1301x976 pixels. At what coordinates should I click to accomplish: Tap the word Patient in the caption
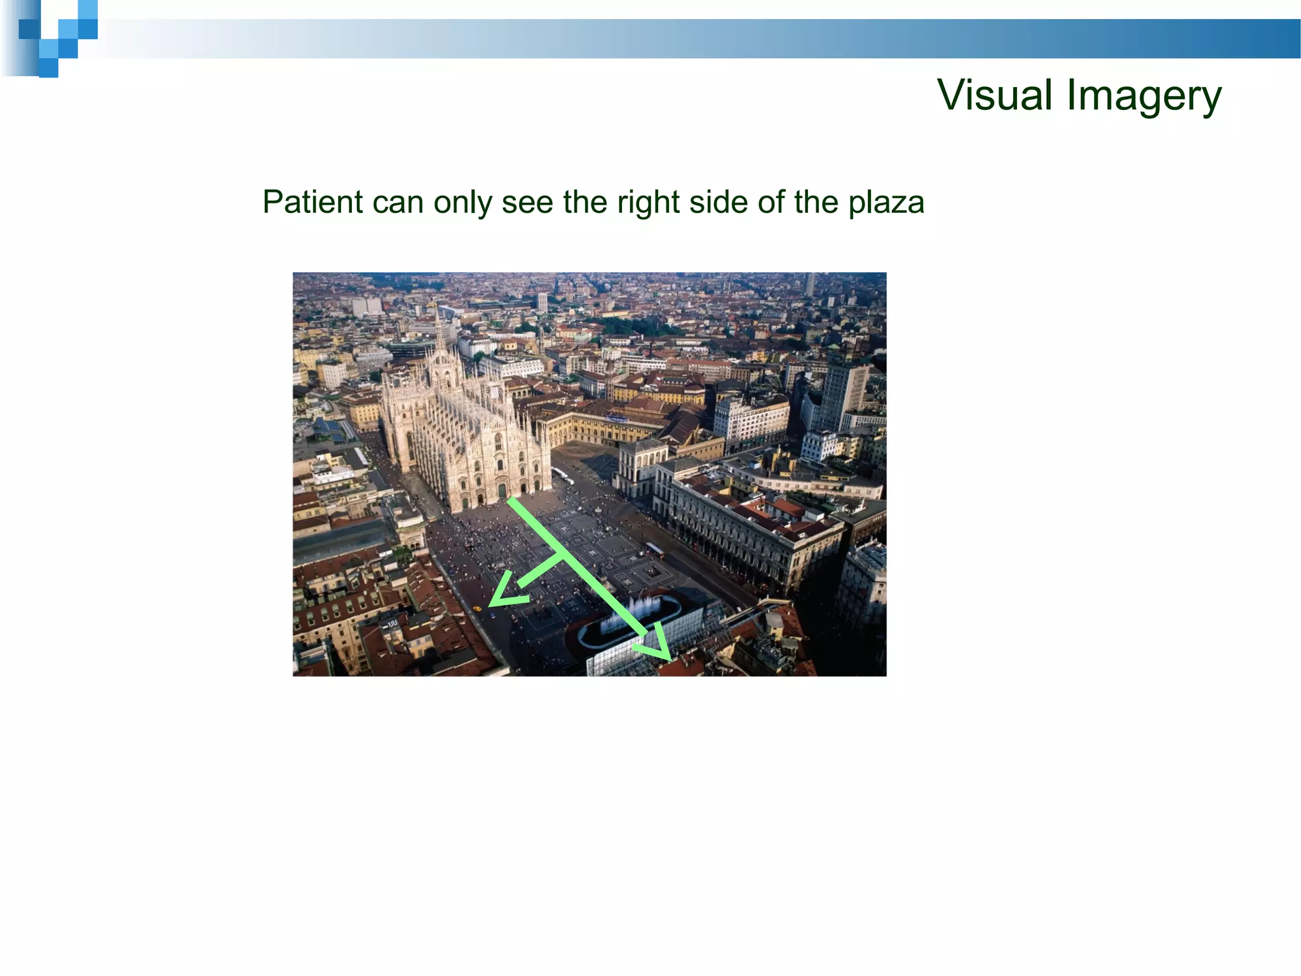[312, 202]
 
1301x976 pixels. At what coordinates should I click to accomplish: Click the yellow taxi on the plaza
[477, 608]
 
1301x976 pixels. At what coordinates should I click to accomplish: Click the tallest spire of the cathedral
[438, 324]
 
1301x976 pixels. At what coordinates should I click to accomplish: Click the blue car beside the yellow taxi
[492, 615]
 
